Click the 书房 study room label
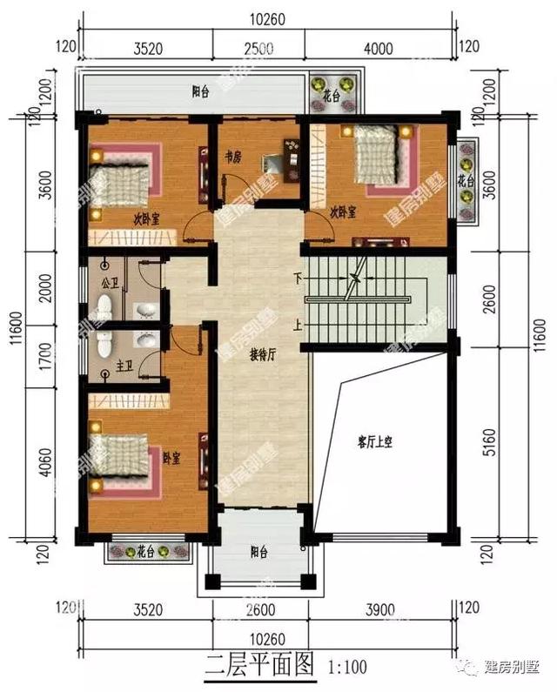(232, 158)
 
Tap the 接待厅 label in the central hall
(262, 355)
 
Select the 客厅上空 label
(376, 441)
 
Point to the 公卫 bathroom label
(109, 282)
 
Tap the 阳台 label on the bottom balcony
(258, 551)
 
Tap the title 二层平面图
(258, 666)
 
